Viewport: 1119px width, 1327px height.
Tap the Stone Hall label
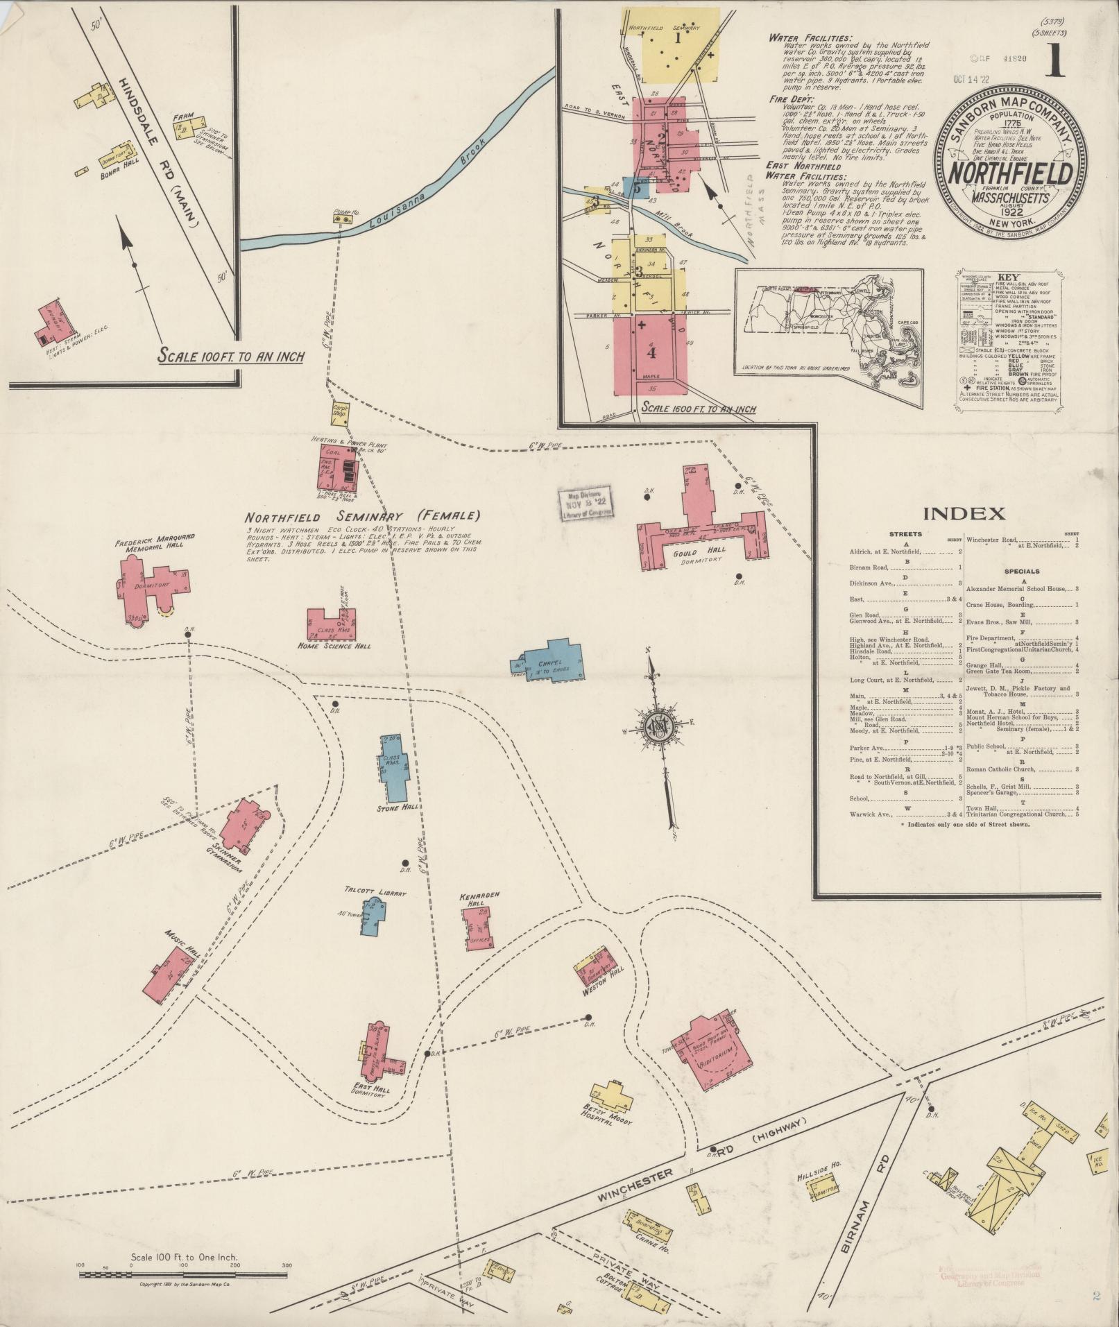pyautogui.click(x=398, y=808)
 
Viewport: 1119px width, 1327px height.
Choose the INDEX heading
pyautogui.click(x=964, y=514)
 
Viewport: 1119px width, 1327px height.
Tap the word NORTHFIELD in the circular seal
pyautogui.click(x=1004, y=173)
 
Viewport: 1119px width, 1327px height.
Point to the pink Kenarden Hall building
pyautogui.click(x=478, y=927)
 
